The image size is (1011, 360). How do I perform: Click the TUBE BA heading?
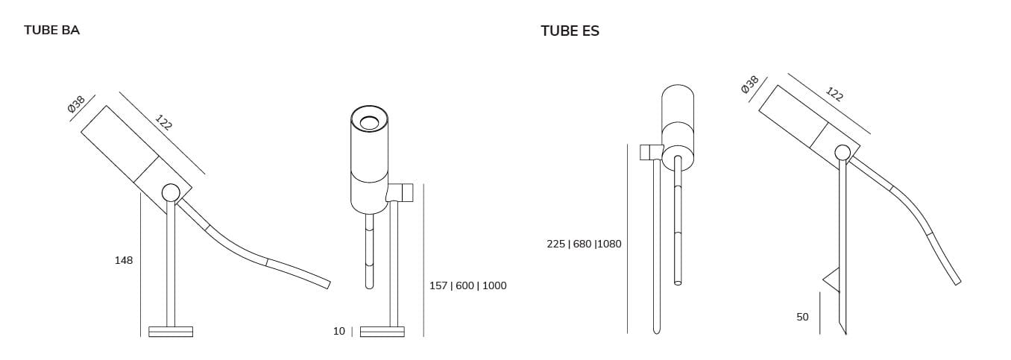pyautogui.click(x=52, y=31)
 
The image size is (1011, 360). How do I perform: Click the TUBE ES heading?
pyautogui.click(x=570, y=31)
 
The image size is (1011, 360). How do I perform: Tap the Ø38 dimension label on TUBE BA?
pyautogui.click(x=76, y=104)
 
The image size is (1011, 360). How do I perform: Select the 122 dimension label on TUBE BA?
pyautogui.click(x=163, y=122)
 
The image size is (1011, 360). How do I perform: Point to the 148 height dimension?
pyautogui.click(x=124, y=260)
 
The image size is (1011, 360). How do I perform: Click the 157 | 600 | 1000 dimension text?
pyautogui.click(x=468, y=285)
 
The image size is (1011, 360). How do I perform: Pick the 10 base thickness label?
pyautogui.click(x=339, y=331)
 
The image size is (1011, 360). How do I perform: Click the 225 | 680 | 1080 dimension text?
pyautogui.click(x=584, y=244)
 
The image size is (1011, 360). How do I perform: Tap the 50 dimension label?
pyautogui.click(x=802, y=318)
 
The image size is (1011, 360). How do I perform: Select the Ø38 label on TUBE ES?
pyautogui.click(x=750, y=85)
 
